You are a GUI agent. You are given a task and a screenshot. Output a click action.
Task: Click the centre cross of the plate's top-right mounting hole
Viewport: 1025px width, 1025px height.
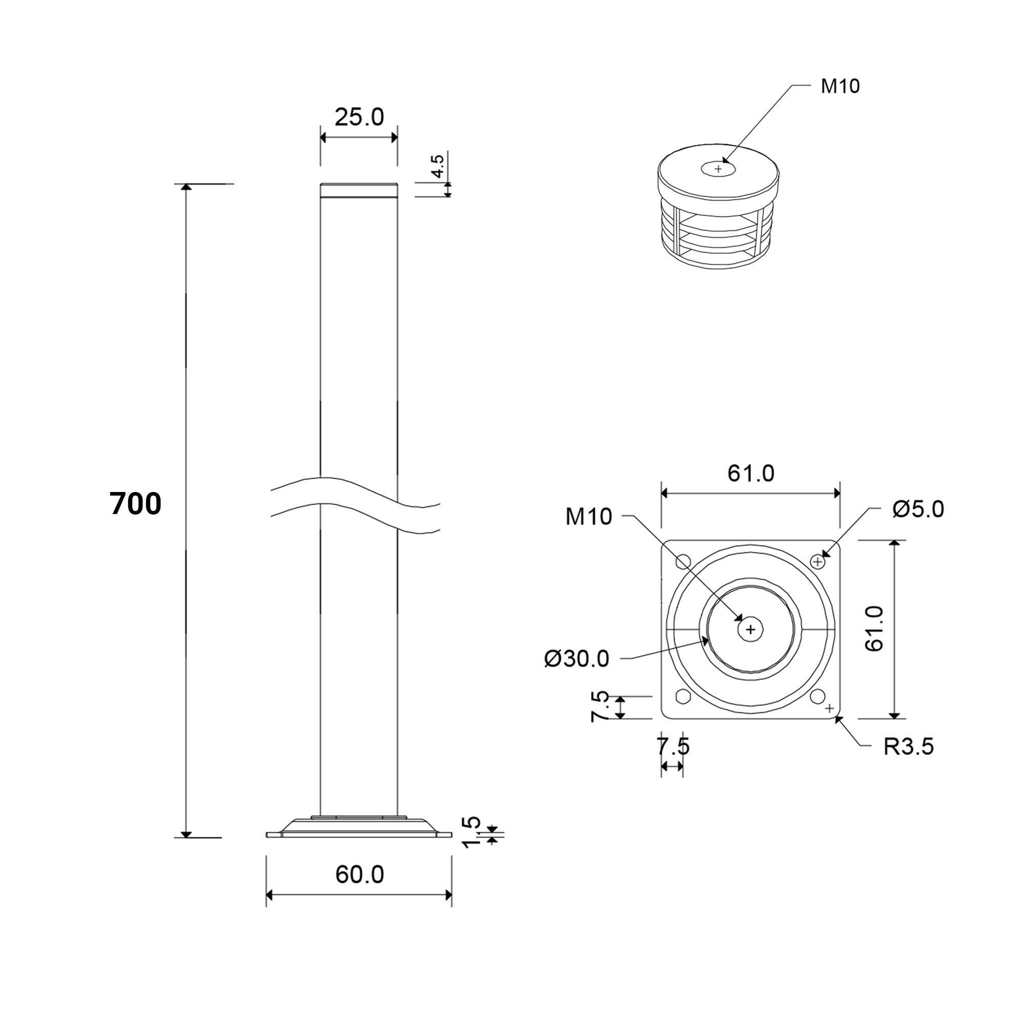click(x=818, y=561)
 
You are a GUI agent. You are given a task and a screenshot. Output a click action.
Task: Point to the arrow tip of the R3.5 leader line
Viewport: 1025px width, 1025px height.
click(x=835, y=717)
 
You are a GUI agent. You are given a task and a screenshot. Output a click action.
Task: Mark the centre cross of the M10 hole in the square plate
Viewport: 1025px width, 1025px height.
click(x=750, y=629)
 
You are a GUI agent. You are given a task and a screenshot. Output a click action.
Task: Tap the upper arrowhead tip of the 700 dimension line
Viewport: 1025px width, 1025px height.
click(x=186, y=184)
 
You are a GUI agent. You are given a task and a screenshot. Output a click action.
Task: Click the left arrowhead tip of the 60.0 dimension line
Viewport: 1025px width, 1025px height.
click(x=266, y=895)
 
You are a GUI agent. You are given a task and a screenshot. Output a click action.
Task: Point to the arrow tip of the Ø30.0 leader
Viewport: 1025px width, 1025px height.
click(x=709, y=639)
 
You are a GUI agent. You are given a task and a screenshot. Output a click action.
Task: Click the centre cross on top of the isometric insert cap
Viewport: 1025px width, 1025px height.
click(x=719, y=169)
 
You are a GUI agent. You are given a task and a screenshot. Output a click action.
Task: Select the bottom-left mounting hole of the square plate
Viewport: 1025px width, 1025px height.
click(x=683, y=696)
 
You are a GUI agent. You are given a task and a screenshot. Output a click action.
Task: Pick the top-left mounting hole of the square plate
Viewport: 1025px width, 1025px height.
click(x=683, y=561)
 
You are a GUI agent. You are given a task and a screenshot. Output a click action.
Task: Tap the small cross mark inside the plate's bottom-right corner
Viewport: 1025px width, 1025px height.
click(x=830, y=708)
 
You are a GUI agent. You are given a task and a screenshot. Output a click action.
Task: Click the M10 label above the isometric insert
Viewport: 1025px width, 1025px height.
click(x=840, y=86)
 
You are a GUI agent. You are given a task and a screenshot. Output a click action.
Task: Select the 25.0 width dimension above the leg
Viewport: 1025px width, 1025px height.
click(x=359, y=117)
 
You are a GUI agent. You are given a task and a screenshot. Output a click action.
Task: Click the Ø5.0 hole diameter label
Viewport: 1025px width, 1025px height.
click(x=918, y=509)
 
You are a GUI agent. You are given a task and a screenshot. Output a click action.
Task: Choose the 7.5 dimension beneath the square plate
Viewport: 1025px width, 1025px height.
click(x=673, y=746)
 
